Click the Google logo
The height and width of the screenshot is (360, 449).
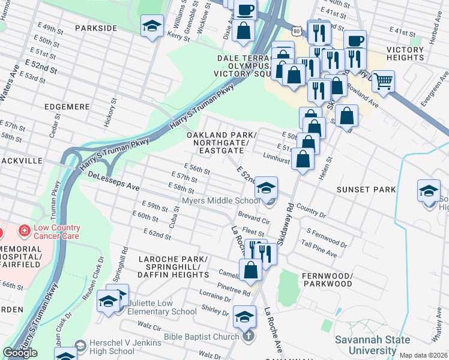(x=20, y=353)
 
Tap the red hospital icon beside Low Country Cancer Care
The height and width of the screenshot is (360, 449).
(x=24, y=230)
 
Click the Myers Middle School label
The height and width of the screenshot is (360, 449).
(x=221, y=201)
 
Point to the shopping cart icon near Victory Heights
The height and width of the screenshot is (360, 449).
(x=383, y=80)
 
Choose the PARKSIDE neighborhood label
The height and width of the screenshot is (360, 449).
(x=96, y=28)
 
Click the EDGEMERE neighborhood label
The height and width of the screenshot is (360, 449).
(x=67, y=106)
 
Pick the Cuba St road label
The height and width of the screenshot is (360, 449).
(x=176, y=212)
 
